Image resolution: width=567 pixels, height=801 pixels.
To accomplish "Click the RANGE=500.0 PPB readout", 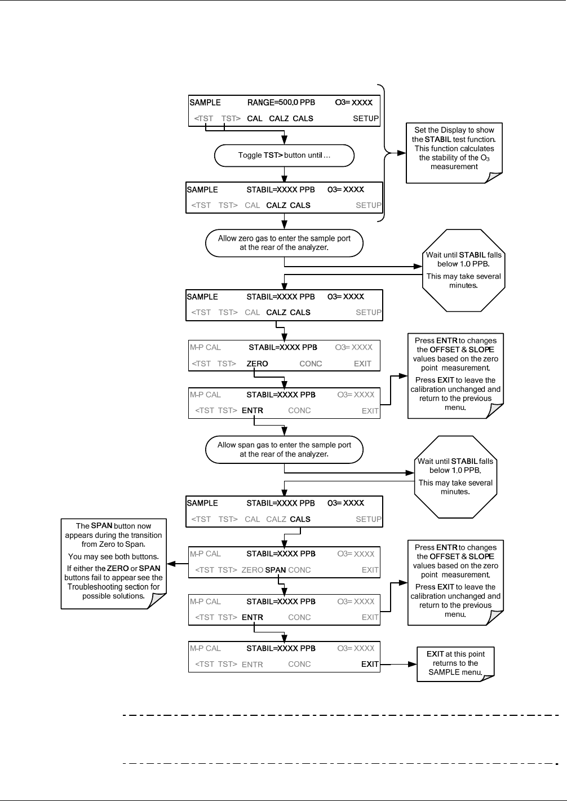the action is coord(281,103).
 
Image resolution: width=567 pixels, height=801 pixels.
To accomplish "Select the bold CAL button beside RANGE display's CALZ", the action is coord(255,118).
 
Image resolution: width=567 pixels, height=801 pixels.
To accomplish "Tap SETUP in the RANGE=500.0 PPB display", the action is coord(366,118).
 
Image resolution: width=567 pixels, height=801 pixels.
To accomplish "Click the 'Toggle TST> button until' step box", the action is coord(284,156).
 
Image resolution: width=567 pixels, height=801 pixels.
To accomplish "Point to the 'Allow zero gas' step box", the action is coord(284,243).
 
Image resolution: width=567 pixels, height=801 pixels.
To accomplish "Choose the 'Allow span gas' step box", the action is coord(284,449).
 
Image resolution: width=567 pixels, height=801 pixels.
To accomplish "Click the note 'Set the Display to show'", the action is coord(454,153).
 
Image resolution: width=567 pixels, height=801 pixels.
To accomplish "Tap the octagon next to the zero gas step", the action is coord(464,271).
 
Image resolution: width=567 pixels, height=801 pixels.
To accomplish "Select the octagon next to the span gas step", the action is coord(455,477).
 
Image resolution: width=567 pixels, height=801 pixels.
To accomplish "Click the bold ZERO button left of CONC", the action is coord(257,364).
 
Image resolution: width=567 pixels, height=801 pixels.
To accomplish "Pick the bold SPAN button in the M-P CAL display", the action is coord(275,570).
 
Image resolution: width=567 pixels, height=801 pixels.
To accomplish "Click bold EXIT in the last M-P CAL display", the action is coord(370,664).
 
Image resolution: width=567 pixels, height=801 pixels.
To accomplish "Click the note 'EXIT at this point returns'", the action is coord(455,664).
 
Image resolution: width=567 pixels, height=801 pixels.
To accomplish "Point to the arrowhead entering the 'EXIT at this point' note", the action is coord(413,664).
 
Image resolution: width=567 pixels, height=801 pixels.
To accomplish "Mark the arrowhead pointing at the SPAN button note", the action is coord(171,564).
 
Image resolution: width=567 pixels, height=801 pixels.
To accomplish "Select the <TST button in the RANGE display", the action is coord(203,118).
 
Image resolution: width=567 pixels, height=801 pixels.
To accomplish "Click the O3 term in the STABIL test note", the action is coord(485,158).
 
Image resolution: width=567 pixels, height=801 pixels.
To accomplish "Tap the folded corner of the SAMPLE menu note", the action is coord(486,678).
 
